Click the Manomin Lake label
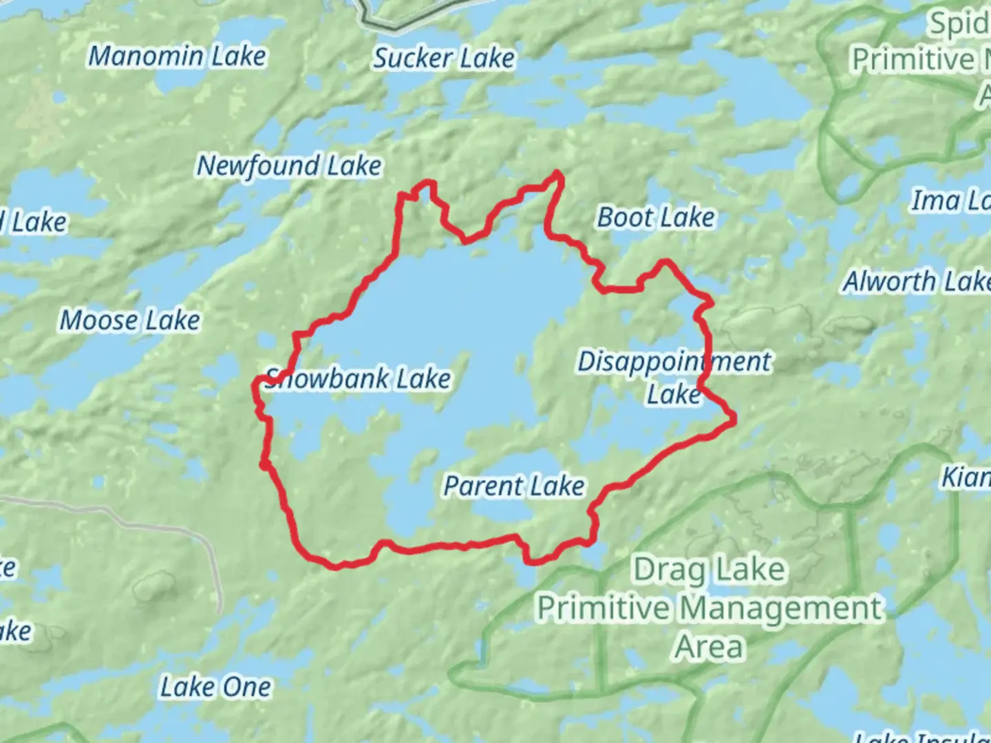point(177,56)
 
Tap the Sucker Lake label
point(444,58)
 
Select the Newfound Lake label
point(289,166)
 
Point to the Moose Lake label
point(130,321)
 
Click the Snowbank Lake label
point(358,379)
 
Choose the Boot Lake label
point(656,218)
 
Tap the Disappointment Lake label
point(674,378)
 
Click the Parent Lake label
point(514,486)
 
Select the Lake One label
point(215,687)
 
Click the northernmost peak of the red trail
point(558,173)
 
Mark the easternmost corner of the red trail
point(734,417)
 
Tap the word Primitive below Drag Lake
point(603,609)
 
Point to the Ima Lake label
point(950,202)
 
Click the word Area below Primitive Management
point(709,647)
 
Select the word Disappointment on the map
point(674,362)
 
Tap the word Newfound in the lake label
point(258,166)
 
